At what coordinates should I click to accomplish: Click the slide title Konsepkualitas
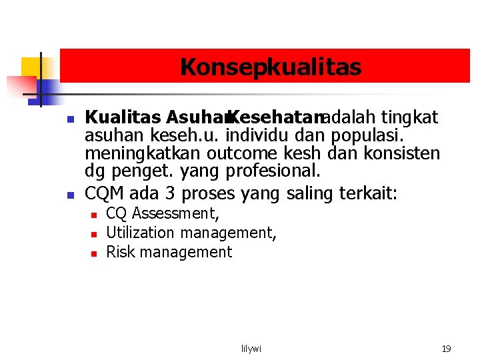(x=270, y=67)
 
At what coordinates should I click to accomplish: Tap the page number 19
(x=446, y=349)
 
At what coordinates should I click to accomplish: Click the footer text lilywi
(x=251, y=349)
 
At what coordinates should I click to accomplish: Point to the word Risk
(x=120, y=252)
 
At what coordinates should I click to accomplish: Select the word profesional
(x=273, y=171)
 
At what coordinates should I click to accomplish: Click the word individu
(x=254, y=136)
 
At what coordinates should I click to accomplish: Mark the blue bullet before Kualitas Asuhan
(x=69, y=120)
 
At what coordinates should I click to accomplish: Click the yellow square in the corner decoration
(x=31, y=67)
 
